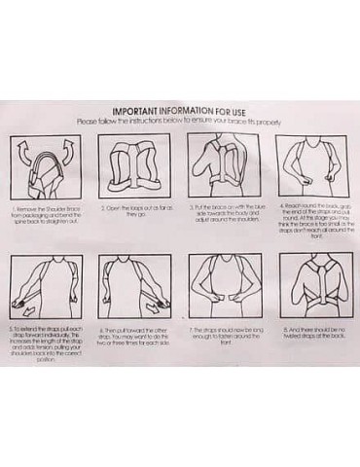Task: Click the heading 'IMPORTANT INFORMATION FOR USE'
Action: [x=182, y=112]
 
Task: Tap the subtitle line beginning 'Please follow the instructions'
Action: [x=182, y=122]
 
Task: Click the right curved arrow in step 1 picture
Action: [x=68, y=150]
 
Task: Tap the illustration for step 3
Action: [x=222, y=166]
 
